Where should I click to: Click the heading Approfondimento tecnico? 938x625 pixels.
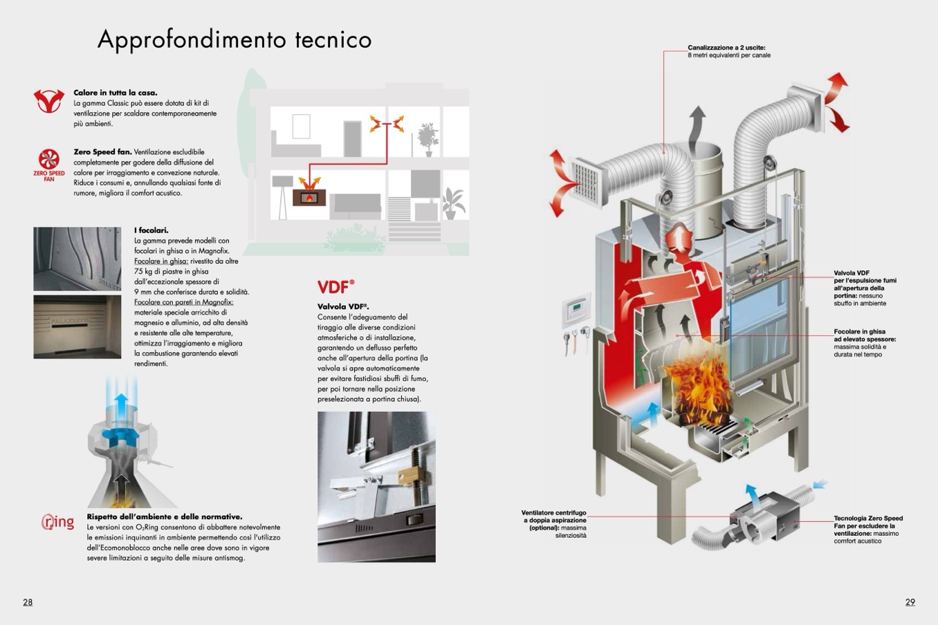click(234, 39)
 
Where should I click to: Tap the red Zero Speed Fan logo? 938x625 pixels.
click(48, 165)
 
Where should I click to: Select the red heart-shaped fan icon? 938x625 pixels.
click(48, 101)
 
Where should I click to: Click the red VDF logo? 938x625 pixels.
click(335, 287)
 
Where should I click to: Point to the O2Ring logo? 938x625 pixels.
click(57, 522)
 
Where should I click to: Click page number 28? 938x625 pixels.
click(28, 602)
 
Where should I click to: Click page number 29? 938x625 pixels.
click(910, 602)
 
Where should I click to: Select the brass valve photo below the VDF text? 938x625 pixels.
click(376, 487)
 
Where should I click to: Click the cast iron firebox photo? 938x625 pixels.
click(77, 259)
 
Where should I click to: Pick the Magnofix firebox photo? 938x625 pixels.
click(77, 327)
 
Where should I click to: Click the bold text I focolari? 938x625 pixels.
click(151, 230)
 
